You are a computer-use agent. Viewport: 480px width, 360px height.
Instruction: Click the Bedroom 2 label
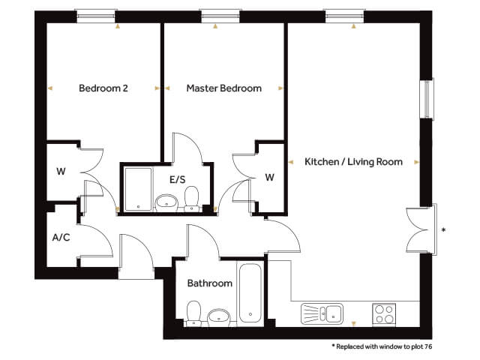point(103,88)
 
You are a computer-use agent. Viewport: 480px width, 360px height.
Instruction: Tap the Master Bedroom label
point(223,88)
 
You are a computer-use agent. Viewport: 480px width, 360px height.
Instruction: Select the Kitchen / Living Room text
point(353,162)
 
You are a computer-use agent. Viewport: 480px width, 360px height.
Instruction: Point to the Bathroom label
point(210,283)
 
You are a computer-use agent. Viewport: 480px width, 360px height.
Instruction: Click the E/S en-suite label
point(178,179)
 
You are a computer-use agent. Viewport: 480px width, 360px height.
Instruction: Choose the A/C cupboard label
point(61,237)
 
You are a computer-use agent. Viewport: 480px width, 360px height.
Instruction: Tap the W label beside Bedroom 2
point(61,171)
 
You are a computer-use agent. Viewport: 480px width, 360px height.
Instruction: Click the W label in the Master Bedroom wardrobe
point(269,177)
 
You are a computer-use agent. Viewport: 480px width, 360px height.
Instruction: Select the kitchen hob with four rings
point(384,313)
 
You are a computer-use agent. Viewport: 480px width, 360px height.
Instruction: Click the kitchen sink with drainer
point(322,313)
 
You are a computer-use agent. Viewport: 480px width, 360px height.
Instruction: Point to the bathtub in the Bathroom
point(250,293)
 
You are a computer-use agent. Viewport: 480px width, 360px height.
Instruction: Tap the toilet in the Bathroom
point(193,313)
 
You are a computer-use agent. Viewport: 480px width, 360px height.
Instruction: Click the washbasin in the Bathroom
point(218,318)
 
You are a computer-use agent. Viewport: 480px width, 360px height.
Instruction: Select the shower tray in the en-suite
point(138,189)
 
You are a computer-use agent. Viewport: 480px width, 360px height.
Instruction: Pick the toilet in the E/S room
point(192,199)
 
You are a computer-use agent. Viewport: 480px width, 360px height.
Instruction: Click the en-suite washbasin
point(166,202)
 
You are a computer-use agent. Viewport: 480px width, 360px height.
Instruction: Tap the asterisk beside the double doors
point(444,230)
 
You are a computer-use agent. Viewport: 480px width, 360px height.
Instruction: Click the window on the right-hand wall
point(427,99)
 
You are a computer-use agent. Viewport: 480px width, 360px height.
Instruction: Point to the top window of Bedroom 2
point(96,16)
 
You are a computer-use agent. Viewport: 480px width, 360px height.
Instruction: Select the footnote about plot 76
point(382,346)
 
